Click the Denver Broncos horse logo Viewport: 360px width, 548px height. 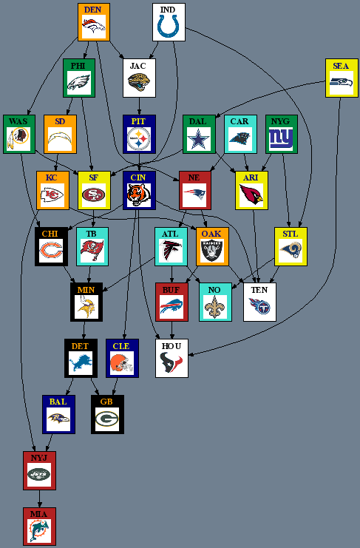click(94, 26)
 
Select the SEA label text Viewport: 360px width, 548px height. click(341, 66)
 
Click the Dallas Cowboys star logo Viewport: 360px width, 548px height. click(199, 138)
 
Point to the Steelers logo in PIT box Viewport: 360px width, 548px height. click(139, 139)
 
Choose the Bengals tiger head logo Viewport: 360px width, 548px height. click(139, 194)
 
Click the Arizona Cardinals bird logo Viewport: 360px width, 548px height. click(251, 194)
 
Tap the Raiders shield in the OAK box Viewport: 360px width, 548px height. click(212, 251)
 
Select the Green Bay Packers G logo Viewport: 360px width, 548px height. click(107, 419)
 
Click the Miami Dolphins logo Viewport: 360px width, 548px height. click(39, 530)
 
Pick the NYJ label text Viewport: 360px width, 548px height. click(38, 458)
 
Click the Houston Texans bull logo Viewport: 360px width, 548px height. click(171, 362)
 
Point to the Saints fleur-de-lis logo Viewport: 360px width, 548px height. click(214, 306)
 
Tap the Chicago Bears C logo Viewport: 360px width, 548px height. click(51, 251)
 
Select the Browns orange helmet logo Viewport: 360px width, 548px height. click(121, 362)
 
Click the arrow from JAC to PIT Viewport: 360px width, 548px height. click(139, 106)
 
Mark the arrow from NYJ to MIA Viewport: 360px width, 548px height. click(39, 498)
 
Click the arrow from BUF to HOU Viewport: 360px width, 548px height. click(171, 330)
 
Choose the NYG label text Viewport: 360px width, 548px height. click(280, 121)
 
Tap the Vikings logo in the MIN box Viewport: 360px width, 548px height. click(86, 306)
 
